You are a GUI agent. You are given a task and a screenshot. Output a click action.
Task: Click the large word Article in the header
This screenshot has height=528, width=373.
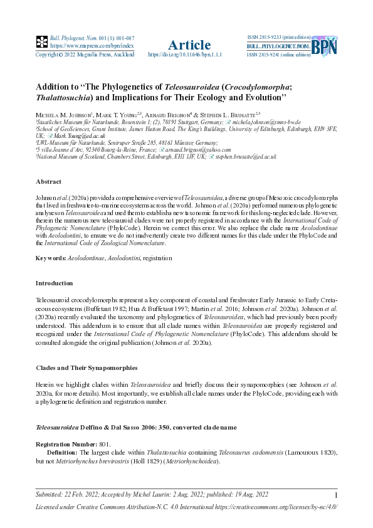[x=189, y=45]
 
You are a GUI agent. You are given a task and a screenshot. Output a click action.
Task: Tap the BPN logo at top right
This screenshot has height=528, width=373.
[x=324, y=46]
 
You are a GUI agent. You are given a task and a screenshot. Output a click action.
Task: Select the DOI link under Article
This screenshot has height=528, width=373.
[x=185, y=55]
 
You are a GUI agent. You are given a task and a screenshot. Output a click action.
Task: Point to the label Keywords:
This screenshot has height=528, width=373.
[x=50, y=258]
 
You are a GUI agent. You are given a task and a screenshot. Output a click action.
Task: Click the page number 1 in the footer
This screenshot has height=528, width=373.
[x=337, y=495]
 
